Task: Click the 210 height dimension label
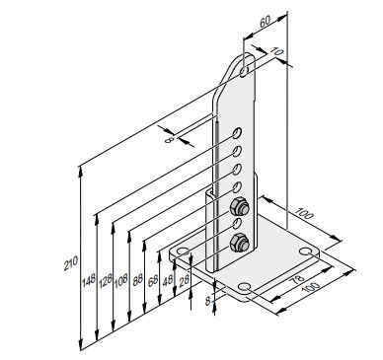tap(68, 263)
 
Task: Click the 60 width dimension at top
tap(264, 22)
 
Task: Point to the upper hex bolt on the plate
tap(238, 207)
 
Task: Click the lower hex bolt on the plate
tap(238, 243)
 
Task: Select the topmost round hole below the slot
tap(239, 132)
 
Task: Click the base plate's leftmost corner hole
tap(180, 254)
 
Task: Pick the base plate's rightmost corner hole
tap(313, 252)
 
